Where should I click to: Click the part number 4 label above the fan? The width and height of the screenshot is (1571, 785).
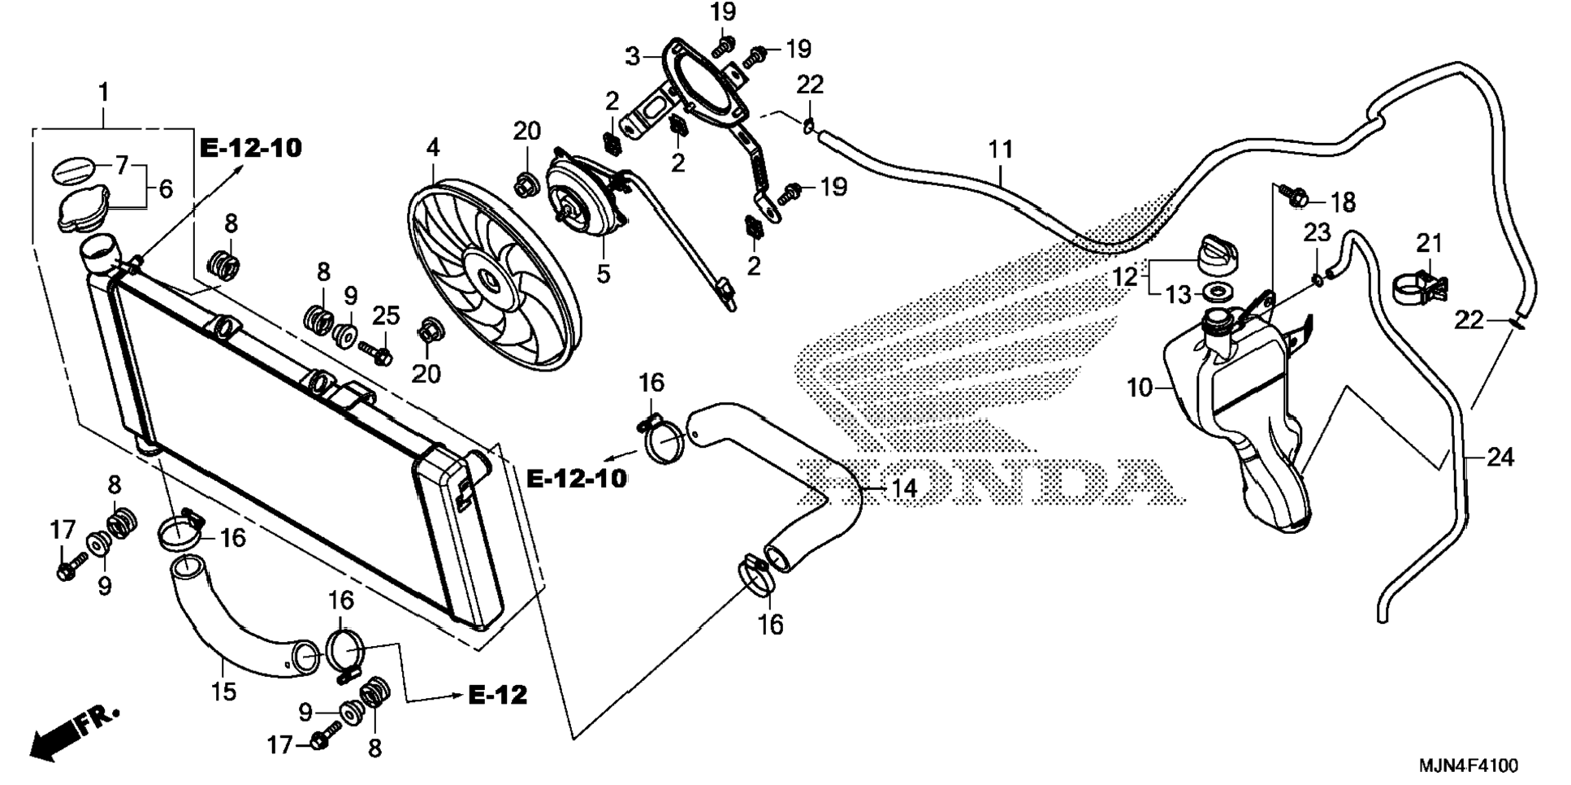tap(433, 147)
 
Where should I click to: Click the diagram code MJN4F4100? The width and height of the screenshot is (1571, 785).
tap(1468, 765)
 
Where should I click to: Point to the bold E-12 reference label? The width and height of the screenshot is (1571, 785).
tap(498, 695)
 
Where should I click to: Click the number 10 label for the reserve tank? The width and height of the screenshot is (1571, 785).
tap(1140, 388)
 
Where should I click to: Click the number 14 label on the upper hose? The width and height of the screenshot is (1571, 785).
tap(903, 488)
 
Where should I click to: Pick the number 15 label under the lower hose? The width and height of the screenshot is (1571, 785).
tap(223, 692)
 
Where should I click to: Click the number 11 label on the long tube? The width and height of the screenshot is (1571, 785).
tap(1001, 150)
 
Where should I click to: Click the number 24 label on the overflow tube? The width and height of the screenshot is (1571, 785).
tap(1500, 458)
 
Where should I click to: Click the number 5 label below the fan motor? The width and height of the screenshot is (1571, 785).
tap(603, 273)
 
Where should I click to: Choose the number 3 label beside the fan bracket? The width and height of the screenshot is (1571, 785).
tap(633, 56)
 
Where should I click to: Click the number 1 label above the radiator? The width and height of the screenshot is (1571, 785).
tap(103, 92)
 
